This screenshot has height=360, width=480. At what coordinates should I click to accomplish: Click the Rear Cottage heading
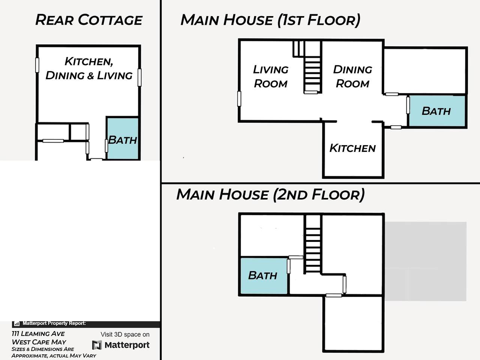coord(89,20)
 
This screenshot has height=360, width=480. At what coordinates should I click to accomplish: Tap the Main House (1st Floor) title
coord(270,20)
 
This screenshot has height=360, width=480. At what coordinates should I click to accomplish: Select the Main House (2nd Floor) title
coord(270,194)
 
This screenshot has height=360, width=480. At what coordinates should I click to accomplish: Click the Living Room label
coord(271,76)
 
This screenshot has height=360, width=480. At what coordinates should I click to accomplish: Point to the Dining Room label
coord(352,76)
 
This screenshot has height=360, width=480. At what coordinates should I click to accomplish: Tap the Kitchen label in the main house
coord(352,148)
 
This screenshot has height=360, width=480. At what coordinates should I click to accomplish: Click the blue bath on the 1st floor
coord(437,111)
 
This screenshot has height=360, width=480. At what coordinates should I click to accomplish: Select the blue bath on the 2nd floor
coord(264,276)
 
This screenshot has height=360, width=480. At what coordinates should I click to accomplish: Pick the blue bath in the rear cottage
coord(123,139)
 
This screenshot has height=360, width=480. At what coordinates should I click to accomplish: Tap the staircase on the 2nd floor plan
coord(313,244)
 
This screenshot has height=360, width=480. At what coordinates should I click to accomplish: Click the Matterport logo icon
coord(97,345)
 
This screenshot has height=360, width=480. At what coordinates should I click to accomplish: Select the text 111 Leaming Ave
coord(38,334)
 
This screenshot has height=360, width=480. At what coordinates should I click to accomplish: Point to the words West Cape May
coord(39,342)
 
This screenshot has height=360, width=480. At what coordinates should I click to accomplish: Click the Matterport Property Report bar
coord(86,324)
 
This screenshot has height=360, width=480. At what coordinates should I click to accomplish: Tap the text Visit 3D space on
coord(125,334)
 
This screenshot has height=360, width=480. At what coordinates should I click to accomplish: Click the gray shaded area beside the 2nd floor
coord(426,261)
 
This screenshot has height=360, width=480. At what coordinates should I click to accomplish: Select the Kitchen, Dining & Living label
coord(89,68)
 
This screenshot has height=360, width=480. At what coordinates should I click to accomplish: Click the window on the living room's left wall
coord(239,99)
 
